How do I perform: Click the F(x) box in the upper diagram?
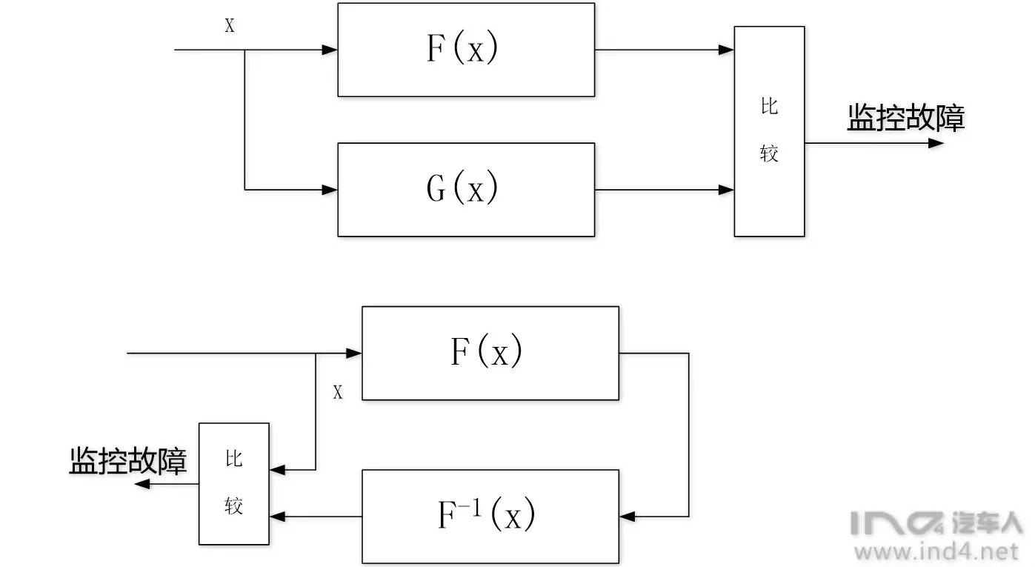pyautogui.click(x=466, y=50)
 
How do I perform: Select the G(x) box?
pyautogui.click(x=466, y=190)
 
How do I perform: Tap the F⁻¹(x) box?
pyautogui.click(x=490, y=516)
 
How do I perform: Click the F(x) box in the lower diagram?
pyautogui.click(x=490, y=353)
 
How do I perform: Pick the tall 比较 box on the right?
pyautogui.click(x=769, y=131)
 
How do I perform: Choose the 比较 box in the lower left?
pyautogui.click(x=233, y=483)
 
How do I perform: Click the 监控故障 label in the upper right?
pyautogui.click(x=905, y=119)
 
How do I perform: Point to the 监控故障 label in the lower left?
pyautogui.click(x=128, y=460)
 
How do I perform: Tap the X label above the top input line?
pyautogui.click(x=230, y=26)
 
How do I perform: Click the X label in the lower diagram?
pyautogui.click(x=338, y=393)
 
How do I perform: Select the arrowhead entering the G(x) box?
pyautogui.click(x=330, y=190)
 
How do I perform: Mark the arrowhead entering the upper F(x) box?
pyautogui.click(x=330, y=50)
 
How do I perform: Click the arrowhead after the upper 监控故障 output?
pyautogui.click(x=936, y=142)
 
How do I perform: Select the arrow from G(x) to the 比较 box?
pyautogui.click(x=663, y=190)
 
